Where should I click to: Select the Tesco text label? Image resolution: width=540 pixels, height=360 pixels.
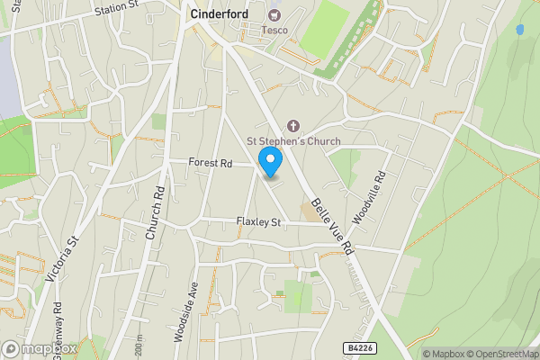point(274,30)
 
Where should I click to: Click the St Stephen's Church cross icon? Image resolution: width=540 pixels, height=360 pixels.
point(292,126)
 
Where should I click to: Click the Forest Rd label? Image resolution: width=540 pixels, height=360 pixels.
point(211,163)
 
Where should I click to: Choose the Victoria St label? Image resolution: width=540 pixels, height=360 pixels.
point(71,254)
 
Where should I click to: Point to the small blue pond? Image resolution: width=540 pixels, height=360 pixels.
point(519,30)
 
